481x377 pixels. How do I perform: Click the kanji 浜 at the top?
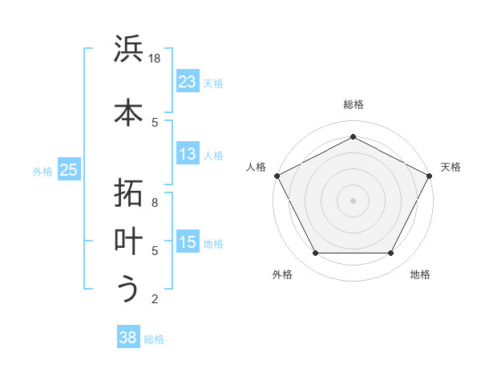click(x=128, y=50)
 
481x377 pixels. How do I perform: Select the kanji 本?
click(x=128, y=112)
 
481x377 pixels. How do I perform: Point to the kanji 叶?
click(x=128, y=241)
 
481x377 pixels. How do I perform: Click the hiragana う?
click(x=128, y=289)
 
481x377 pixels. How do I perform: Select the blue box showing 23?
click(x=188, y=82)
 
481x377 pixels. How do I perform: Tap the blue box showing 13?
click(x=188, y=154)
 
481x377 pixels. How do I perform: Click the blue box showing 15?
click(x=188, y=243)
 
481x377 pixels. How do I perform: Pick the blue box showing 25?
click(x=69, y=170)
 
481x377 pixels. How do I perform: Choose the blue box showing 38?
click(x=128, y=338)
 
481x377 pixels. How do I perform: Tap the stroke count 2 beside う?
click(x=156, y=299)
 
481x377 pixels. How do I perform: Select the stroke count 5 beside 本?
click(x=156, y=122)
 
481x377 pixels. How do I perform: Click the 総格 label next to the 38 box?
click(x=154, y=339)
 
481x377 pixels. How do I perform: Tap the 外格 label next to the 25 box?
click(x=42, y=171)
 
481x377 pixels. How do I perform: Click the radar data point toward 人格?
click(x=277, y=175)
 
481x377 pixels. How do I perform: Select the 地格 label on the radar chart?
click(x=420, y=274)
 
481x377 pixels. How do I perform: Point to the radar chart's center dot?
click(x=354, y=200)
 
